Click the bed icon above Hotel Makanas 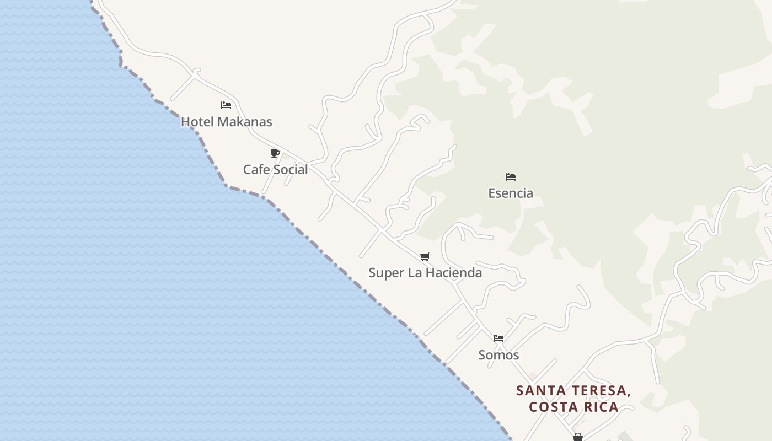click(x=226, y=105)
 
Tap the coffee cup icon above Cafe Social click(x=275, y=153)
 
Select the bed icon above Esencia click(x=511, y=177)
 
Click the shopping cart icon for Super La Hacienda click(x=425, y=256)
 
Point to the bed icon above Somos click(x=498, y=338)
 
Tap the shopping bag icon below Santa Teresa click(x=577, y=437)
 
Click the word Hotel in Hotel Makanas click(x=197, y=122)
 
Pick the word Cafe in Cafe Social click(x=256, y=170)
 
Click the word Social click(x=291, y=170)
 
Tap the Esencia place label click(x=511, y=193)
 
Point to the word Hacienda click(x=457, y=273)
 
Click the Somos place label click(x=498, y=355)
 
